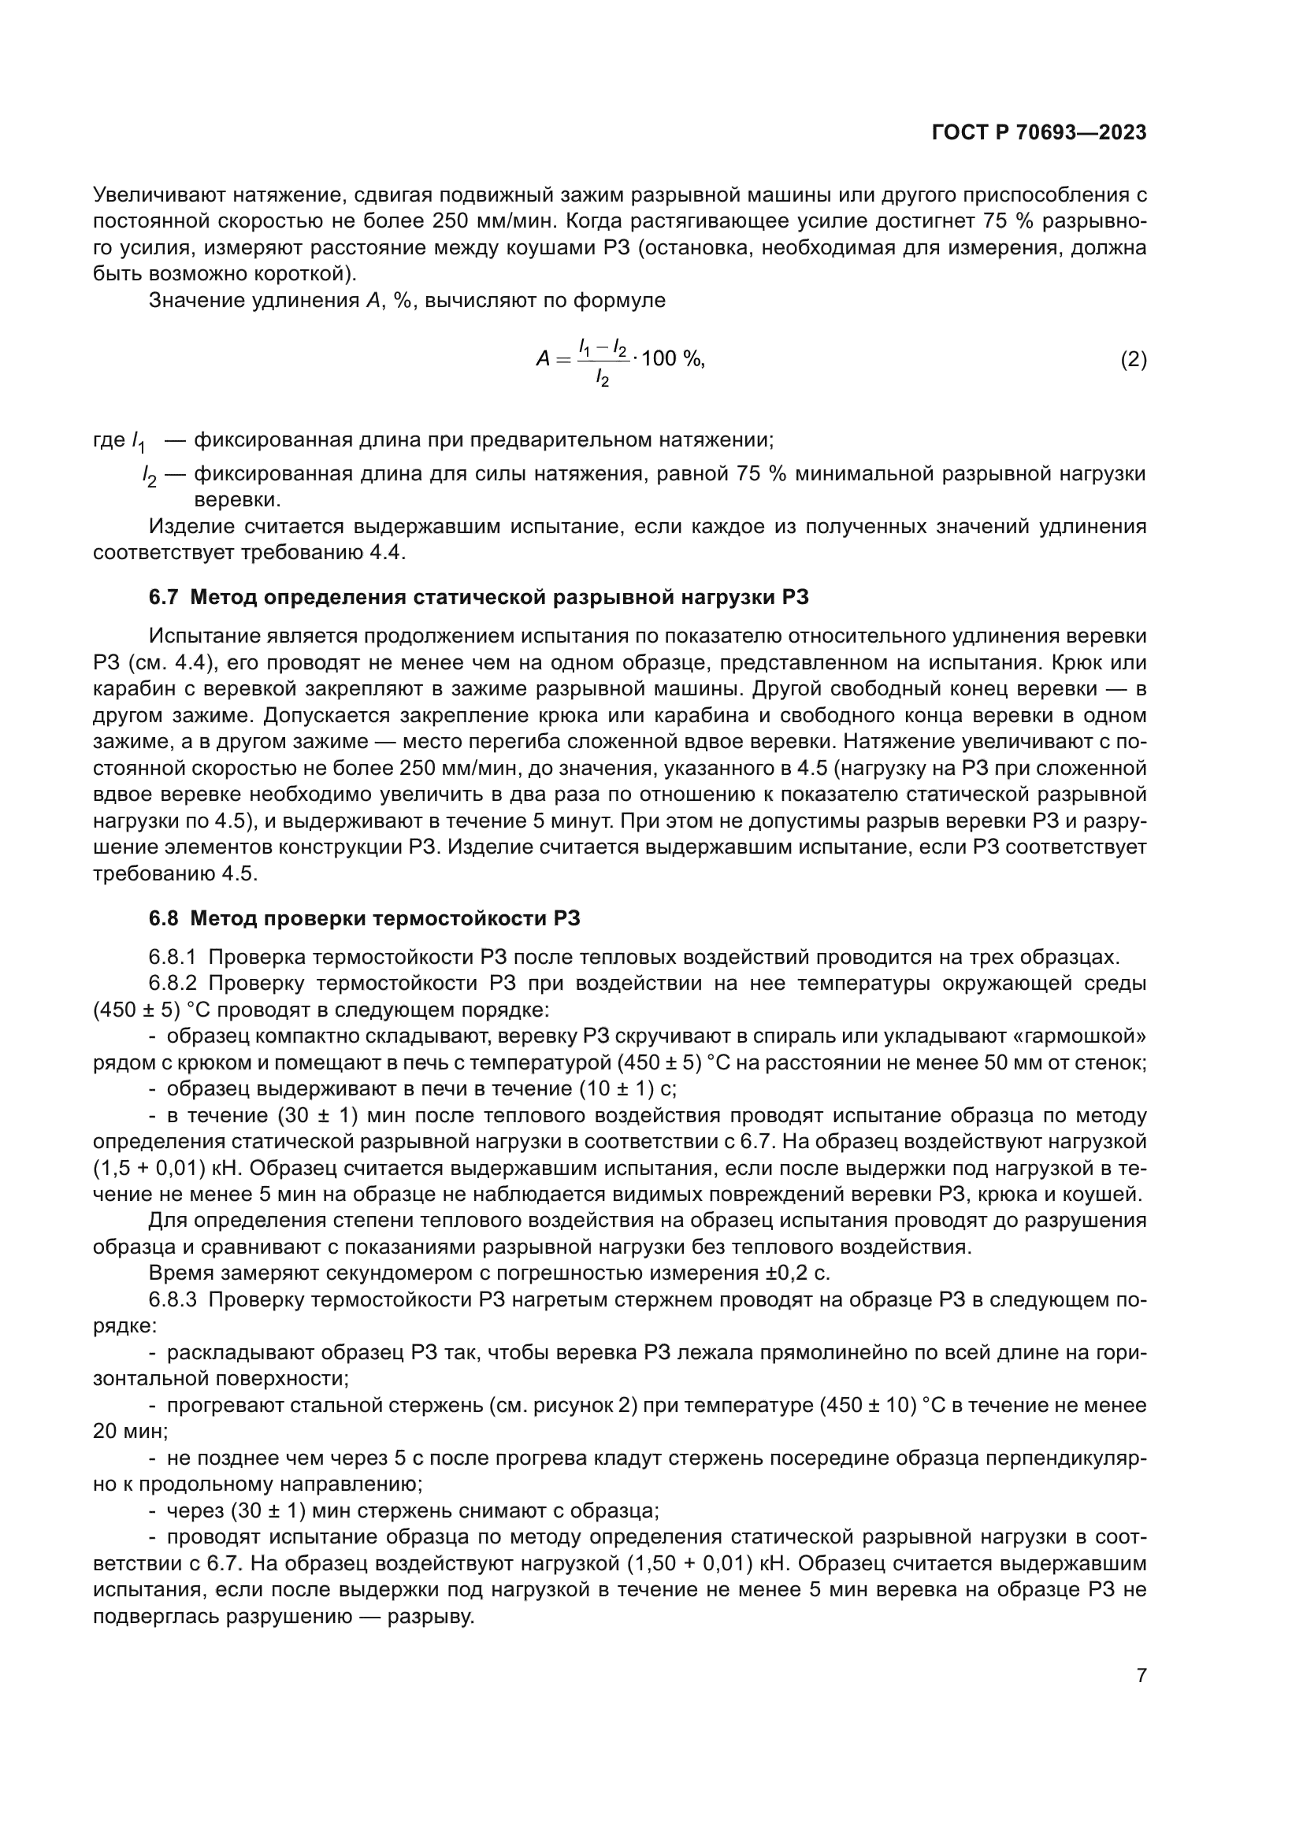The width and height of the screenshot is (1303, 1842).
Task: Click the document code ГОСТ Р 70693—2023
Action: click(x=1039, y=133)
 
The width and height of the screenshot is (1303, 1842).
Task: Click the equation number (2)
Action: click(x=1133, y=359)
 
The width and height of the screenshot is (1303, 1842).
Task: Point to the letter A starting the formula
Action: click(x=544, y=359)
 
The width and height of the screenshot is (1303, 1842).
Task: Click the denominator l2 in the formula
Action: click(x=602, y=379)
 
